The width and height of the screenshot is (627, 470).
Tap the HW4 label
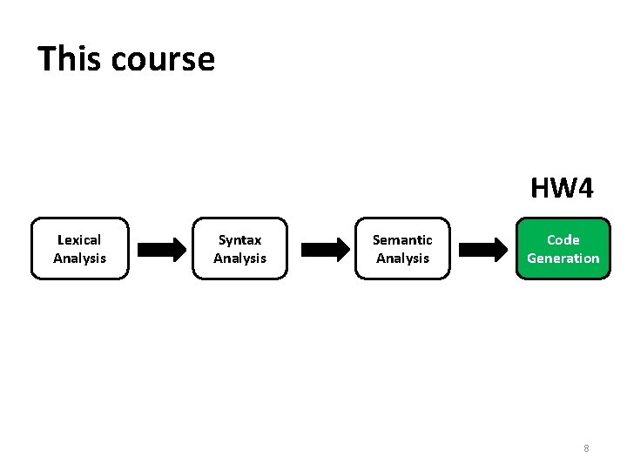pos(562,188)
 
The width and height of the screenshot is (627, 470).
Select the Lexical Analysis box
pos(79,248)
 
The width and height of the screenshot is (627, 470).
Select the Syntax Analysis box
pos(239,248)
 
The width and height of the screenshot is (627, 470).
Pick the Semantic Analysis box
pos(402,248)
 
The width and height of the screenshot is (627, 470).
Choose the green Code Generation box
pos(563,248)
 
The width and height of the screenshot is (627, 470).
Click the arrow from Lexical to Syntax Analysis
pos(162,250)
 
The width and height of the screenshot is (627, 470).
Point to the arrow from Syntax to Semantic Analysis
pos(323,250)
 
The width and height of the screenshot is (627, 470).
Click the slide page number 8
pos(586,448)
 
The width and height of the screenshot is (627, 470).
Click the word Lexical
pos(79,239)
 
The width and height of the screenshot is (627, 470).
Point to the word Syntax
pos(239,239)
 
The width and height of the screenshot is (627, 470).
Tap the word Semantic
pos(402,239)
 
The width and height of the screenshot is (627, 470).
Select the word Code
pos(563,239)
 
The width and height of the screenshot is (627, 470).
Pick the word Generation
pos(563,258)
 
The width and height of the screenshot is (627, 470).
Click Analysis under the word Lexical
pos(79,258)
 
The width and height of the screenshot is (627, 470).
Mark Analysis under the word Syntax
pos(239,258)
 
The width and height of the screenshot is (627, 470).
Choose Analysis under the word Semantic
pos(402,258)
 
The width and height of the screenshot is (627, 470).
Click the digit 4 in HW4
pos(584,188)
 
